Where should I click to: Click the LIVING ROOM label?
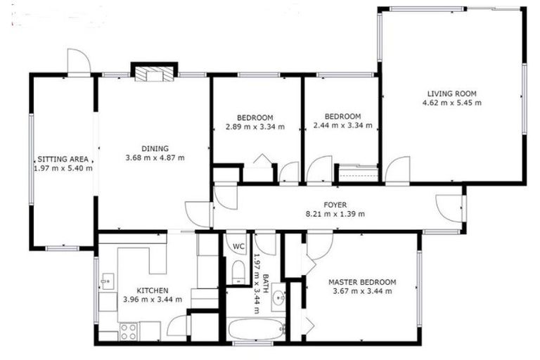(452, 93)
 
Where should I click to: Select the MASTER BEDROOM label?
(362, 282)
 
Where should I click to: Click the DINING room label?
(155, 148)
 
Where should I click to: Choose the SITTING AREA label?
(63, 160)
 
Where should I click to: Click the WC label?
(238, 246)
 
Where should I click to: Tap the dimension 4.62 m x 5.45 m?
(452, 103)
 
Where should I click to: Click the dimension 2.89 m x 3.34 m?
(255, 127)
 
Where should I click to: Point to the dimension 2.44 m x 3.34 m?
(342, 126)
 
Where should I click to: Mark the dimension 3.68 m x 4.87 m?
(155, 157)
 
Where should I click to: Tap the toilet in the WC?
(238, 271)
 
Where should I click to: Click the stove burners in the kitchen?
(129, 329)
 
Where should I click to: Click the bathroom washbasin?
(278, 296)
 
